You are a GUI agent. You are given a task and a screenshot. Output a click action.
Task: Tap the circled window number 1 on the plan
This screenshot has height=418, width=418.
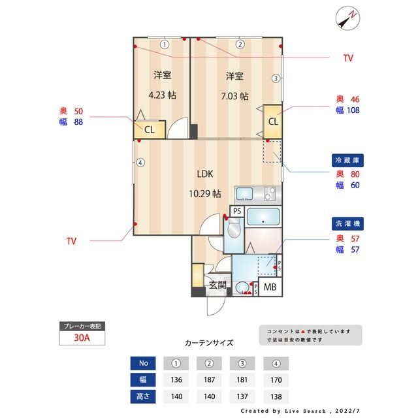tap(165, 45)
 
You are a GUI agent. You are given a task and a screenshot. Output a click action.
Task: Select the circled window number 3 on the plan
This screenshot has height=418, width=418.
tap(276, 79)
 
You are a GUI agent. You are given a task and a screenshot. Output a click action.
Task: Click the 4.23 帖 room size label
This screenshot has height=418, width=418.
tap(162, 95)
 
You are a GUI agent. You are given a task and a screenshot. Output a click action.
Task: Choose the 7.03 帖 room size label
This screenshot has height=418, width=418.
tap(234, 95)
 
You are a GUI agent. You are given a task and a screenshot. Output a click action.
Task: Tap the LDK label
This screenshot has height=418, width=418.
tap(206, 174)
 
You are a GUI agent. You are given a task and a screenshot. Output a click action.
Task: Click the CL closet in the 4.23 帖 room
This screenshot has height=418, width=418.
tap(149, 129)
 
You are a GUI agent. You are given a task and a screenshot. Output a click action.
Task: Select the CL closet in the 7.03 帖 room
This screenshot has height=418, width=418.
tap(273, 121)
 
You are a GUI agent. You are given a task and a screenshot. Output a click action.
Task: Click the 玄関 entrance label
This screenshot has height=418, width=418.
tap(217, 285)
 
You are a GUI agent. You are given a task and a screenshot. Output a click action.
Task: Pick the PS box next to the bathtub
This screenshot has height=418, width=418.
tap(237, 211)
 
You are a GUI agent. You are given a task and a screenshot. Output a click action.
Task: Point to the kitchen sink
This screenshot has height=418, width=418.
tap(244, 193)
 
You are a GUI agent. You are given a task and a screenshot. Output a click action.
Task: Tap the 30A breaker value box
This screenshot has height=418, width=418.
tap(81, 338)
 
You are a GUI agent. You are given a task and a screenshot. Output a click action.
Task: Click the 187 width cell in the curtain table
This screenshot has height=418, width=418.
tap(210, 379)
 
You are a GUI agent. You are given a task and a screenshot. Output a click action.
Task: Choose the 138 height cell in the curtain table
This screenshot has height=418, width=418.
tap(276, 396)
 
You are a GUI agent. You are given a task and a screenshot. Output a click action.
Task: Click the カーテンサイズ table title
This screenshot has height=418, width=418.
tap(209, 342)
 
